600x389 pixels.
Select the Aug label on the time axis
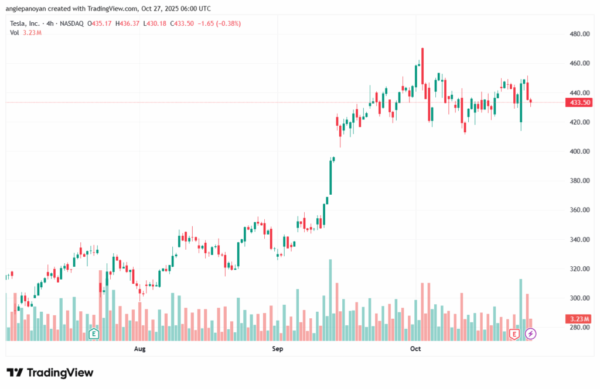point(139,349)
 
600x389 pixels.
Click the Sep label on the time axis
point(278,349)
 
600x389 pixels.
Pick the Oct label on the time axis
point(415,349)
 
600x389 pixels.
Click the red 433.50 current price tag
point(579,102)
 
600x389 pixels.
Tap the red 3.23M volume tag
point(579,319)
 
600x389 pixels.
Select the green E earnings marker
point(93,334)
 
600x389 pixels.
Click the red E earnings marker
point(514,334)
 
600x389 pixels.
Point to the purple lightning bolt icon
point(530,334)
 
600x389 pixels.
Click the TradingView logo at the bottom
point(50,373)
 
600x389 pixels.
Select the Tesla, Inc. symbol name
point(26,23)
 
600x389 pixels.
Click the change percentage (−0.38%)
point(228,23)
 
